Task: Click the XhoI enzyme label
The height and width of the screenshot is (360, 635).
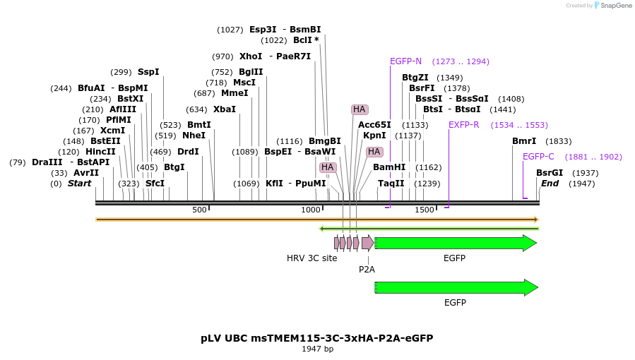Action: [251, 56]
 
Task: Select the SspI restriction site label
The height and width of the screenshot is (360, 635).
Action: [148, 72]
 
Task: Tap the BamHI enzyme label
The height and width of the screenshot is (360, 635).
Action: [389, 167]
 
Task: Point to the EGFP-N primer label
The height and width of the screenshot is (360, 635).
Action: [405, 61]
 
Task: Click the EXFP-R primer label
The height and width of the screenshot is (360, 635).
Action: [464, 125]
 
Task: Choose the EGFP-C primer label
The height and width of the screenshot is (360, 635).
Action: [538, 157]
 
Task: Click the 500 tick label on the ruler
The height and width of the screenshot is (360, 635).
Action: [199, 210]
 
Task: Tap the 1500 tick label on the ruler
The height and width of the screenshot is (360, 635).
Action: [424, 210]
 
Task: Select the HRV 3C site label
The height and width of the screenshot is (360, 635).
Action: [311, 258]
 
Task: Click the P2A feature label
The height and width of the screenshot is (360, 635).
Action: [367, 269]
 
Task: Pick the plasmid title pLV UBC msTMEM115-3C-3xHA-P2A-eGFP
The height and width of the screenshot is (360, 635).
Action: [317, 338]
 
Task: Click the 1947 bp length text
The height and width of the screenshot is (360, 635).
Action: [317, 349]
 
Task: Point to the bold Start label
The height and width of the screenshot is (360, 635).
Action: [79, 184]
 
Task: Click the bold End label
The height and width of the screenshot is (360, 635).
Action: [550, 184]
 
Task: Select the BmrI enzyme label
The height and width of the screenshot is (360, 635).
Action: [524, 141]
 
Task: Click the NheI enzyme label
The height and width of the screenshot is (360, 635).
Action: [194, 136]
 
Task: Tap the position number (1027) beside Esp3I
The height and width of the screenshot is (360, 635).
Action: [230, 30]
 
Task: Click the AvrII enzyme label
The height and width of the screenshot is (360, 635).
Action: [86, 173]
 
